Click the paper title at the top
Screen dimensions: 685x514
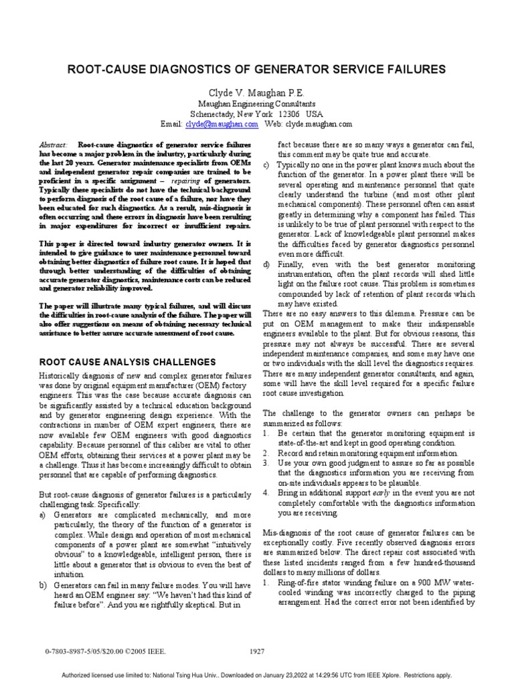(256, 69)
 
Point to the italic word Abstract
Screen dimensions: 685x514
(54, 144)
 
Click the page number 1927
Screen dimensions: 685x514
(257, 650)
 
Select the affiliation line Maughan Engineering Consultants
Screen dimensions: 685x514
(256, 104)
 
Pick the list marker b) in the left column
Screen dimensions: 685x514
(44, 586)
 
